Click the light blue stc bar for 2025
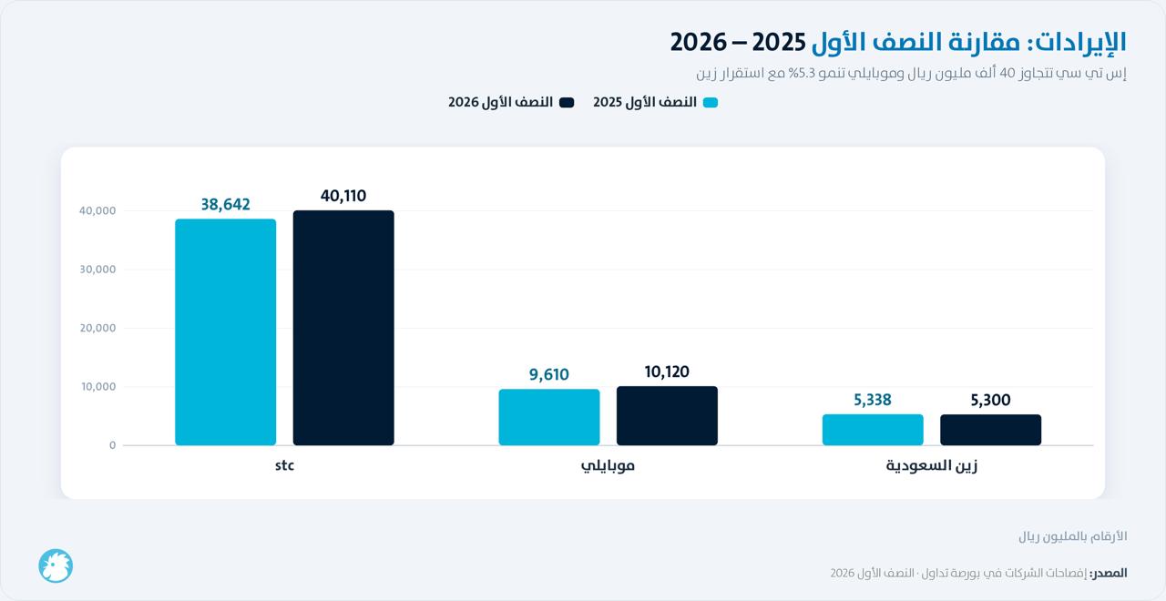tap(225, 332)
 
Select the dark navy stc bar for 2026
tap(343, 328)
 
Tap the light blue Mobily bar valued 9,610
tap(549, 417)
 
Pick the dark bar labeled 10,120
tap(668, 416)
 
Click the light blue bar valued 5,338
tap(873, 430)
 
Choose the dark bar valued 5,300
tap(991, 430)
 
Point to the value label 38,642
tap(225, 205)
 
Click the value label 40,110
tap(343, 196)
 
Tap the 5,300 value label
tap(990, 400)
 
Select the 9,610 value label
tap(549, 374)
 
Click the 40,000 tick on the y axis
tap(97, 210)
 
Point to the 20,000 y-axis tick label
tap(97, 328)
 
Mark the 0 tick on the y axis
tap(112, 445)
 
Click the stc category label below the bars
tap(285, 465)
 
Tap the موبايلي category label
tap(608, 465)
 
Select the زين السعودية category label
tap(932, 465)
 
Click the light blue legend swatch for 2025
tap(711, 103)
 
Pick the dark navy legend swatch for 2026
tap(567, 103)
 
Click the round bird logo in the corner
tap(56, 565)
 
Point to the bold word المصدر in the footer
tap(1109, 573)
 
